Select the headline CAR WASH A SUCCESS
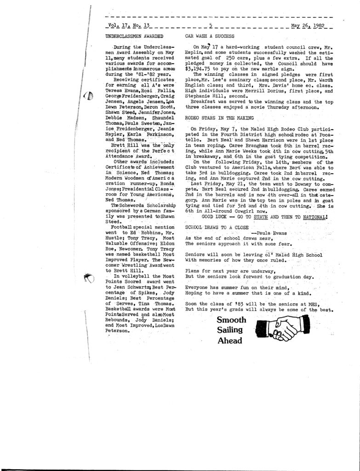tap(210, 35)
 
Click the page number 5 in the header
tap(210, 26)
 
